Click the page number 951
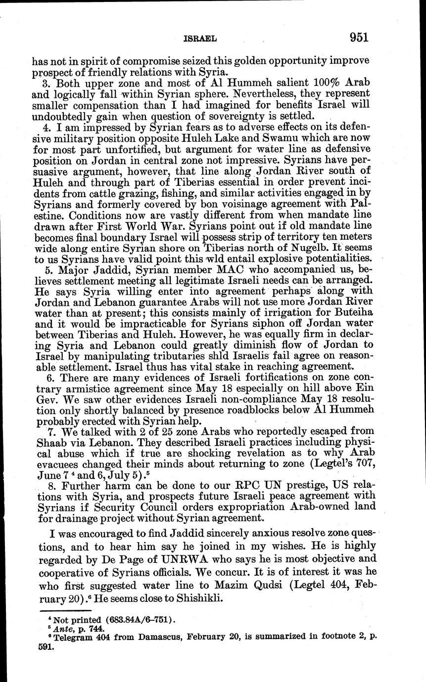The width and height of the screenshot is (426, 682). click(360, 37)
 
